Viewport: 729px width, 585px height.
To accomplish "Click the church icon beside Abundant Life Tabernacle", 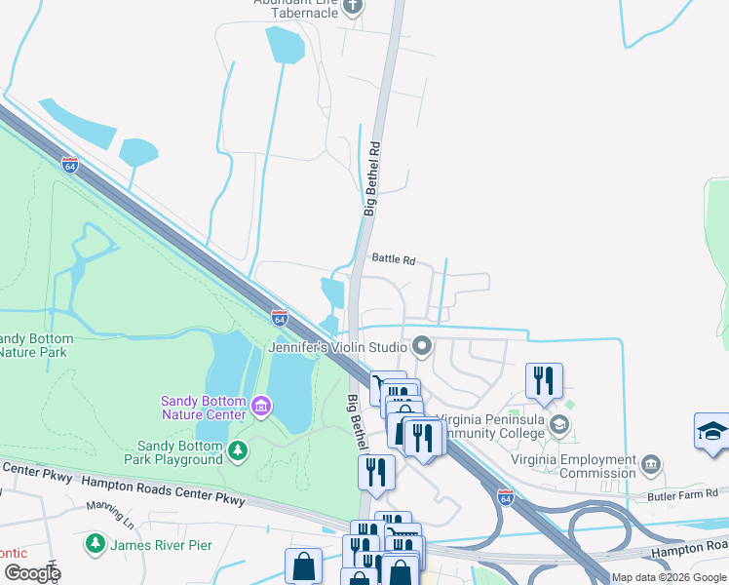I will pos(353,8).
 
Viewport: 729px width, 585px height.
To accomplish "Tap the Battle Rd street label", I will pos(394,260).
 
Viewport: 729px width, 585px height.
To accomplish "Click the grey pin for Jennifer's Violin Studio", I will pos(422,345).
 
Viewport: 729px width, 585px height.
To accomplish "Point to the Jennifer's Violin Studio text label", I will pos(337,346).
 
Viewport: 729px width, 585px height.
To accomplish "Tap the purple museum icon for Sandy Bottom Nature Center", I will pos(260,405).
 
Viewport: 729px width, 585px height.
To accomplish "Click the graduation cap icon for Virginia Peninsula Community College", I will pos(559,424).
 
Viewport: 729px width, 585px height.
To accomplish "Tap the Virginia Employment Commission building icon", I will pos(653,462).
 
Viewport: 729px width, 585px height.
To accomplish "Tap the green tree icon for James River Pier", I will pos(95,542).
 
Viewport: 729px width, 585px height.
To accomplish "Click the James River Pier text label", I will pos(156,543).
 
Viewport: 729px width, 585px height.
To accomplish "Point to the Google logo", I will pos(31,573).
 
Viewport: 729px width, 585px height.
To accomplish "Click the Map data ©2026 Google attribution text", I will pos(670,577).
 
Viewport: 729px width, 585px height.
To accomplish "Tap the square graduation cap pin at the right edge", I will pos(712,432).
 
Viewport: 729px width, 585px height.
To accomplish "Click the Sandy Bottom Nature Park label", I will pos(33,344).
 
